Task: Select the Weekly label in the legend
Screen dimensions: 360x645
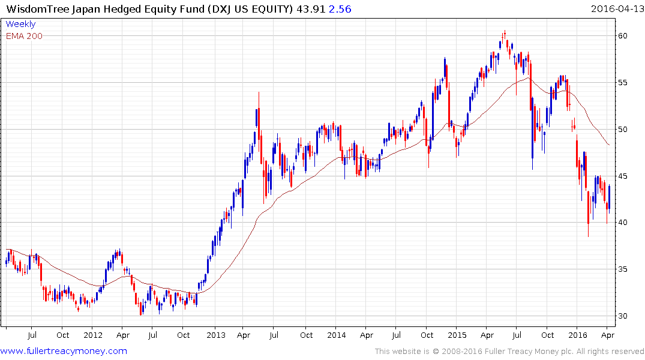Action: tap(20, 25)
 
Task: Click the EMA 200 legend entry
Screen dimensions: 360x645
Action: tap(24, 36)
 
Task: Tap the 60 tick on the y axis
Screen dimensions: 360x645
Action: tap(624, 36)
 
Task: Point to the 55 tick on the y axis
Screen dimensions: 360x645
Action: tap(624, 83)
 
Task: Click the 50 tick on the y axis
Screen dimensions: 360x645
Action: tap(624, 130)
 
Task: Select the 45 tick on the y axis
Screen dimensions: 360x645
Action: tap(624, 176)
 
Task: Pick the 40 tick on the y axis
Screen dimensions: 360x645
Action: tap(624, 223)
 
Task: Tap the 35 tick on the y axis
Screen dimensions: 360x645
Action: tap(624, 269)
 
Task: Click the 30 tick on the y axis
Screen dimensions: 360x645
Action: tap(624, 316)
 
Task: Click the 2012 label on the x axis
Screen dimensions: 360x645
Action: tap(93, 335)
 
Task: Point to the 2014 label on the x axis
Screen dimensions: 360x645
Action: tap(337, 335)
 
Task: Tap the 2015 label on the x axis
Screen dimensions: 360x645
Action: tap(457, 335)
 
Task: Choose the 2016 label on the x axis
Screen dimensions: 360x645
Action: tap(577, 335)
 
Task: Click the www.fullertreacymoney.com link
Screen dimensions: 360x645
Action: tap(64, 351)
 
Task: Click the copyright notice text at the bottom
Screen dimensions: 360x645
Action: tap(509, 352)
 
